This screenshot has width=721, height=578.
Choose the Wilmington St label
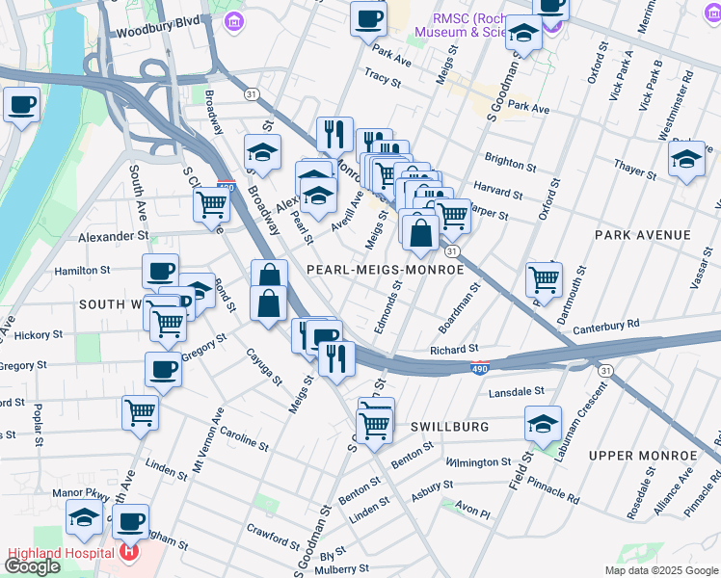[479, 463]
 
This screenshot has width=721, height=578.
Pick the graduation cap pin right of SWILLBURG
[544, 422]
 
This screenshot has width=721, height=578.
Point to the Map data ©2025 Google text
[660, 570]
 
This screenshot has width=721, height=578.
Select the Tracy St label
[383, 74]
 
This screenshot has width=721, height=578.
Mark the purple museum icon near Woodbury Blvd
[232, 20]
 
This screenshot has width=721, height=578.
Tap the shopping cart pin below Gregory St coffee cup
[141, 410]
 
